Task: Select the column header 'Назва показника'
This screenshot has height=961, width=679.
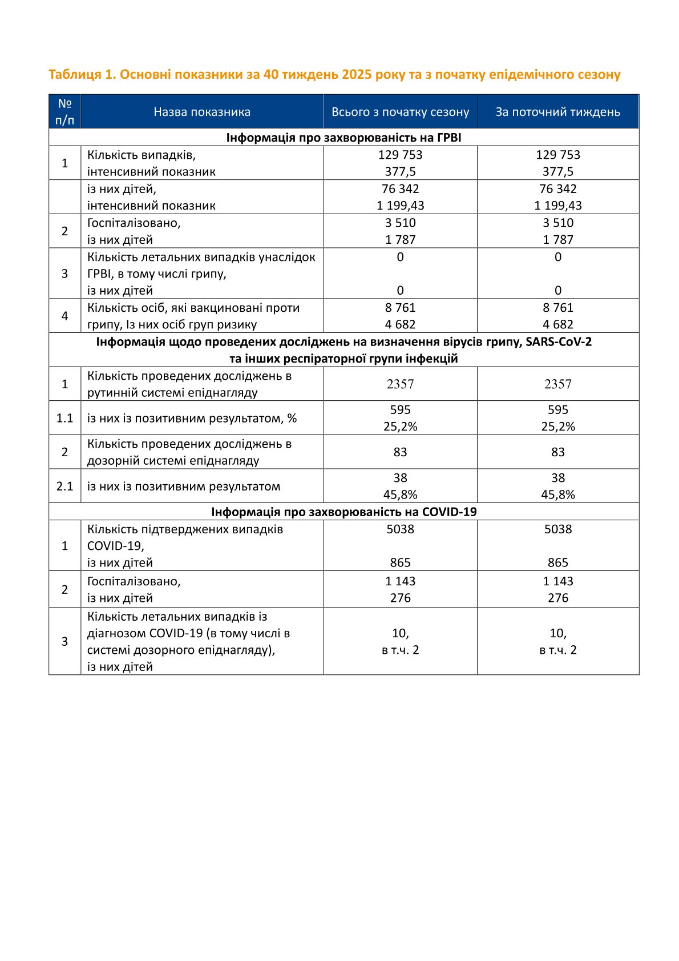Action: click(202, 112)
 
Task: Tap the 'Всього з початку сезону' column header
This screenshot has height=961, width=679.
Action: click(400, 112)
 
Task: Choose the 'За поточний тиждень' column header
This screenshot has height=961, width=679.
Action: click(557, 112)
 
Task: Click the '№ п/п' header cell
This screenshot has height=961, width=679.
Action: click(64, 112)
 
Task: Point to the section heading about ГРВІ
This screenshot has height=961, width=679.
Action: click(343, 138)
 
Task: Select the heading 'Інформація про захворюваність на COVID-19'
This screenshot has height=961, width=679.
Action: click(343, 512)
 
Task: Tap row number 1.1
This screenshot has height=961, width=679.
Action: click(64, 418)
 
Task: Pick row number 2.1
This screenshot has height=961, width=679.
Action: click(64, 486)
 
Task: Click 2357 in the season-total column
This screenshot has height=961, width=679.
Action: click(400, 384)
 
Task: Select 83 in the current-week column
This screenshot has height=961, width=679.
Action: click(557, 452)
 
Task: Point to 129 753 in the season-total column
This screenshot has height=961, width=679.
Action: click(400, 155)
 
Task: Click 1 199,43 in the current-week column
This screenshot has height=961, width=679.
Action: click(557, 206)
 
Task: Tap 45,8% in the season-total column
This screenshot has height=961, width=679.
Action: click(400, 494)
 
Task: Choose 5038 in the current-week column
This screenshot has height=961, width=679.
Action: click(557, 529)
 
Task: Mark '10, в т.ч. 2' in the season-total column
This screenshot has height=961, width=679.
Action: click(400, 641)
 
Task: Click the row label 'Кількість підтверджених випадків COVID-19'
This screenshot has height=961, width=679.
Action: click(185, 537)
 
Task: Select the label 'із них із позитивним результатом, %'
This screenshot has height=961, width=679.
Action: click(192, 418)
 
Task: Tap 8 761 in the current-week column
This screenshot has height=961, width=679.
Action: click(557, 308)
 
